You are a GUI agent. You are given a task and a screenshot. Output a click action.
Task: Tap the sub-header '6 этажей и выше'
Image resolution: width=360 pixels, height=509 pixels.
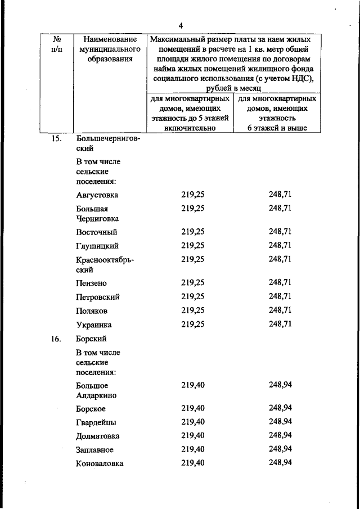[x=277, y=128]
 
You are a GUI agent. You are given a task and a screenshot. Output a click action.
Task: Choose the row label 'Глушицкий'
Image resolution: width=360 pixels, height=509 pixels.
[x=97, y=246]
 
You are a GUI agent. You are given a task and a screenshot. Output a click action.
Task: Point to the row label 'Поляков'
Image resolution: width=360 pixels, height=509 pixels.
[x=91, y=310]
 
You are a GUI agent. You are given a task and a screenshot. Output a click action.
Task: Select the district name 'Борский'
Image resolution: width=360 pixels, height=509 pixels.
[x=91, y=339]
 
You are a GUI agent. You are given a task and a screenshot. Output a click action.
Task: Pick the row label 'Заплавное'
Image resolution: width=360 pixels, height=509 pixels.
[x=94, y=450]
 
